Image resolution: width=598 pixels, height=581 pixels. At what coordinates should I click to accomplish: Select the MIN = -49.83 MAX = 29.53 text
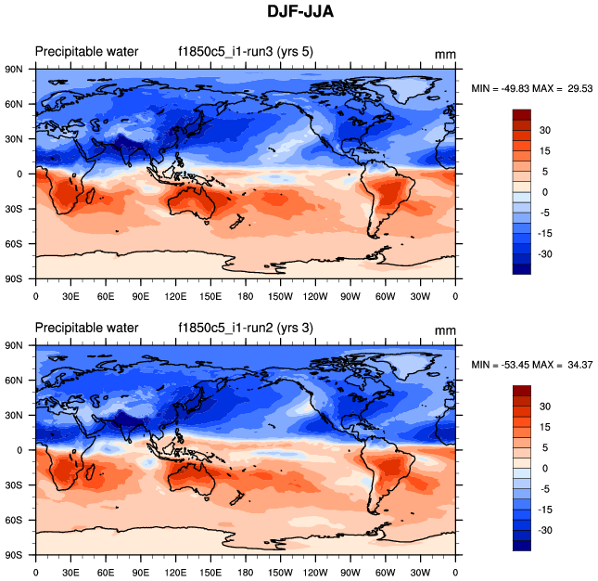pos(532,88)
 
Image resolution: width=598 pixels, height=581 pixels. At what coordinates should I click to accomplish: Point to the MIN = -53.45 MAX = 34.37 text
pos(532,364)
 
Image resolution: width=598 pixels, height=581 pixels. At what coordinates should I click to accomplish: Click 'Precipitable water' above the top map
pos(86,51)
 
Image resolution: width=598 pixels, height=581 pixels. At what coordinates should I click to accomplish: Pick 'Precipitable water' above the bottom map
pos(86,328)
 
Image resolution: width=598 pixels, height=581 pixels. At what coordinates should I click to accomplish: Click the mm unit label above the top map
pos(445,54)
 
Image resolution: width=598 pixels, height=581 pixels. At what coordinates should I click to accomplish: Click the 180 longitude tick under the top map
pos(245,296)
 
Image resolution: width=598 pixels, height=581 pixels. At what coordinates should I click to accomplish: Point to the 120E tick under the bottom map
pos(175,573)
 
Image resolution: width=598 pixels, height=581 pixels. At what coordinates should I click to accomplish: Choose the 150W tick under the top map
pos(280,296)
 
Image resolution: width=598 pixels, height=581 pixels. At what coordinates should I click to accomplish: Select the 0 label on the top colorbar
pos(545,191)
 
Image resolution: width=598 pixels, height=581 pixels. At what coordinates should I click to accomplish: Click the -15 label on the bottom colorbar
pos(547,509)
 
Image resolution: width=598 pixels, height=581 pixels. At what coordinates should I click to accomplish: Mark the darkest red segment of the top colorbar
pos(522,114)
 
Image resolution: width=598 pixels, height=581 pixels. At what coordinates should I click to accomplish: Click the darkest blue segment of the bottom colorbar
pos(522,545)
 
